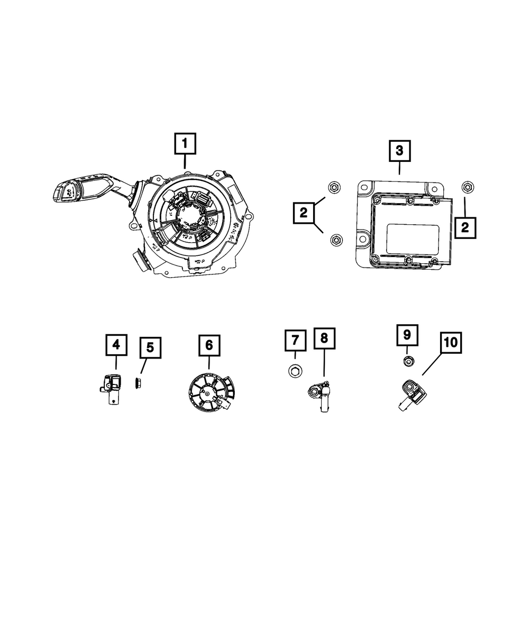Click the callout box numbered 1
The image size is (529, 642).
(x=185, y=143)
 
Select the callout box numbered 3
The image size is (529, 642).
(x=399, y=150)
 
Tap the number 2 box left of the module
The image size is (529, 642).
(x=303, y=213)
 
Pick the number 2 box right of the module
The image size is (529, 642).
(x=465, y=227)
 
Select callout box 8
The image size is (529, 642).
(x=324, y=338)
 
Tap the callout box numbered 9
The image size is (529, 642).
(x=407, y=335)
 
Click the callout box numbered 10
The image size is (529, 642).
(x=450, y=343)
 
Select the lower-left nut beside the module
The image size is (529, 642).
(x=334, y=240)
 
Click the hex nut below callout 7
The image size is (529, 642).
(x=295, y=371)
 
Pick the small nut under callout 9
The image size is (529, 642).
(x=408, y=361)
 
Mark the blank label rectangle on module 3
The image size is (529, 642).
(x=413, y=237)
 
